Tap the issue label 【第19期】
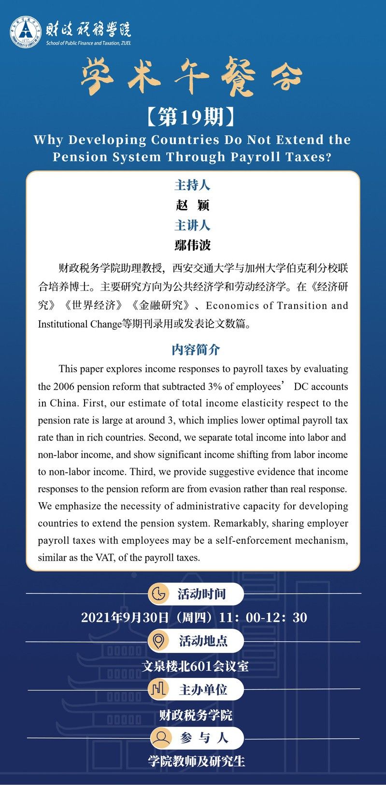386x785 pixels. (192, 116)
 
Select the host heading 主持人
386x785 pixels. (192, 185)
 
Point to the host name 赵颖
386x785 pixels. (192, 205)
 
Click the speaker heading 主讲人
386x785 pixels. (192, 225)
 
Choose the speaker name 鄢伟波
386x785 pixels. (192, 245)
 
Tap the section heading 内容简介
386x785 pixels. (196, 349)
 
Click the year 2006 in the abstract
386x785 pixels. (64, 386)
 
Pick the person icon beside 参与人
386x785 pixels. (160, 737)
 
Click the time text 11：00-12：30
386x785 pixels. (263, 618)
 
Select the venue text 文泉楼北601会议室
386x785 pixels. (195, 666)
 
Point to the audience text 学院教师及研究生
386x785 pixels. (197, 761)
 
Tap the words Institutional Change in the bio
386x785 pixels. (79, 324)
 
